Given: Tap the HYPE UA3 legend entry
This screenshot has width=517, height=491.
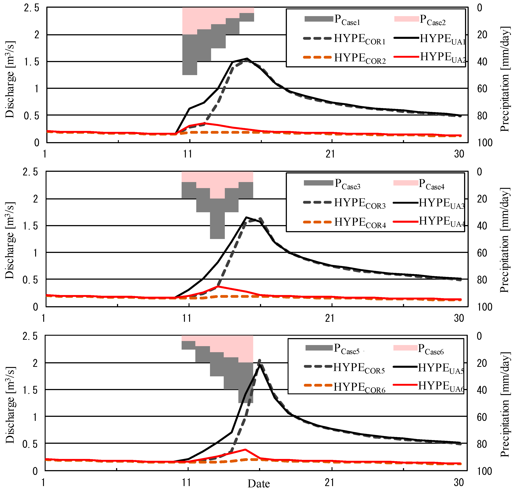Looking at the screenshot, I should coord(442,203).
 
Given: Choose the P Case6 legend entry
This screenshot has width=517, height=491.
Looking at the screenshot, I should coord(431,349).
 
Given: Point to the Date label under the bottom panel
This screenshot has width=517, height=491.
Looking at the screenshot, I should coord(258,484).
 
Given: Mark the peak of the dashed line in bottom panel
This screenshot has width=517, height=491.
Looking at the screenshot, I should coord(259,360).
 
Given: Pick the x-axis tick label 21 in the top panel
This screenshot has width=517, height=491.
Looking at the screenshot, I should coord(330,154).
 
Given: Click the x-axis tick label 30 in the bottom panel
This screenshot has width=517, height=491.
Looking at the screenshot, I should coord(459,482).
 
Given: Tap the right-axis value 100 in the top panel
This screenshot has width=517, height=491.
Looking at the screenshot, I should coord(485,143).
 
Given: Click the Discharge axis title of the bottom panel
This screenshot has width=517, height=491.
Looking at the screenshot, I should coord(10,405).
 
